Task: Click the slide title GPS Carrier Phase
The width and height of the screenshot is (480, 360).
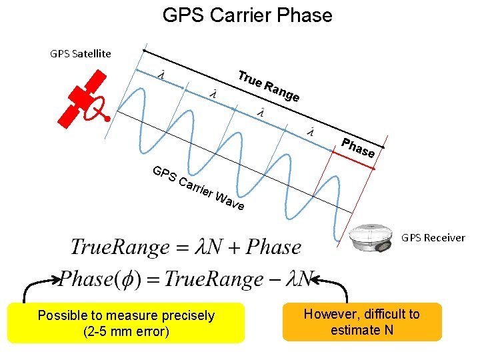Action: point(247,15)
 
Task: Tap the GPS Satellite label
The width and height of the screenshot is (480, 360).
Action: point(81,53)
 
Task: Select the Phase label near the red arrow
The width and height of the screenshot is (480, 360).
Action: point(358,148)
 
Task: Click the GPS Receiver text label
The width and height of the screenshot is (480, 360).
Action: point(433,237)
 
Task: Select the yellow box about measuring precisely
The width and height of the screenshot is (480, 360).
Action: point(126,323)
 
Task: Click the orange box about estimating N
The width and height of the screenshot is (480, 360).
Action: point(362,322)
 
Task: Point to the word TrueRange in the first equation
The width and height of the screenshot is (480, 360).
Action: point(120,247)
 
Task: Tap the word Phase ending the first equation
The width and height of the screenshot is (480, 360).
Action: point(273,247)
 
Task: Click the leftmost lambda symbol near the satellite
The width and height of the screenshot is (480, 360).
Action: point(161,75)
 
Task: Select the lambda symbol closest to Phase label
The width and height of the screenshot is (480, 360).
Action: point(311,131)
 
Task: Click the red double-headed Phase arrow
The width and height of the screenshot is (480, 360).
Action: point(353,160)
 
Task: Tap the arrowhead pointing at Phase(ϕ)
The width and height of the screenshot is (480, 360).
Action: point(54,279)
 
